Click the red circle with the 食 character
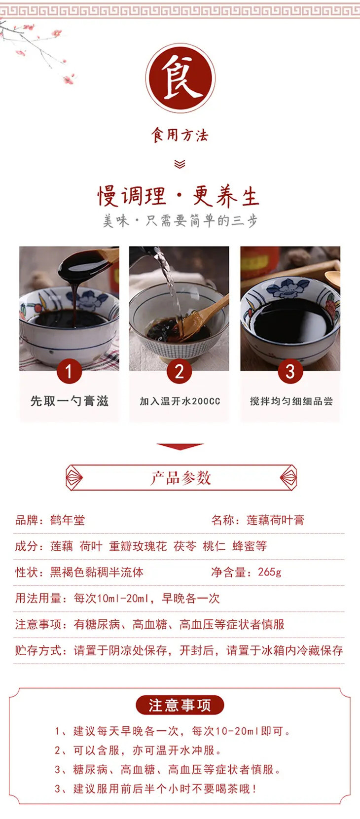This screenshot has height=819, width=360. click(x=180, y=78)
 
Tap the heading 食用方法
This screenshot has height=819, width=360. click(x=180, y=135)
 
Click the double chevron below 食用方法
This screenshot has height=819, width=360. click(x=180, y=164)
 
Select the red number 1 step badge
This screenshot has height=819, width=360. click(x=69, y=371)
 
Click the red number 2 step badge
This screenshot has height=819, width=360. click(x=180, y=371)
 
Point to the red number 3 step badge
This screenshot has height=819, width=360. click(x=290, y=371)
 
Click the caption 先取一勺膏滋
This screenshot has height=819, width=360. click(x=70, y=401)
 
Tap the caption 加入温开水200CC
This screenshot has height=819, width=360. click(x=180, y=401)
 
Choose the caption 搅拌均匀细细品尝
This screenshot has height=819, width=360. click(x=291, y=401)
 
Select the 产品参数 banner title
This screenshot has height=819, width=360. click(x=180, y=477)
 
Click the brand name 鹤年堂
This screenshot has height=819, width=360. click(x=68, y=520)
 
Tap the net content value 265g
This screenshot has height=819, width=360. click(x=270, y=572)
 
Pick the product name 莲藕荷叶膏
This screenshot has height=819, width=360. click(x=276, y=520)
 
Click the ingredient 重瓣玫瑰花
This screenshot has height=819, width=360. click(x=138, y=546)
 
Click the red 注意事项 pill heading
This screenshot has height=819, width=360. click(x=180, y=705)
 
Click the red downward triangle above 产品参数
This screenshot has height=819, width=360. click(x=180, y=446)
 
